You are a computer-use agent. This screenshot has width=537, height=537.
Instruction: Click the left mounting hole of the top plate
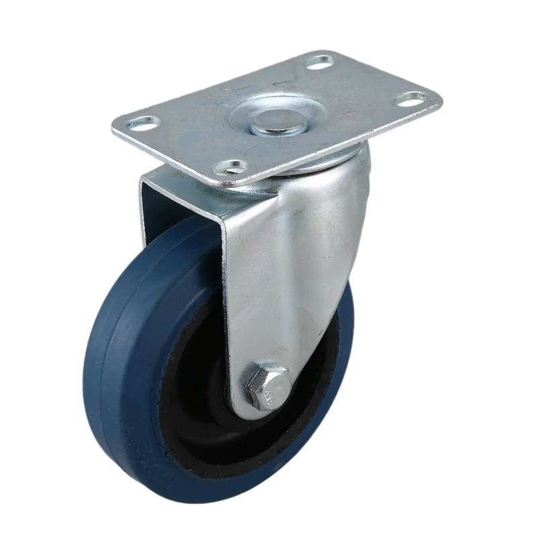[x=143, y=123]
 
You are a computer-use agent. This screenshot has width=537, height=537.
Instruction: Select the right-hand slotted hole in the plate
[x=409, y=99]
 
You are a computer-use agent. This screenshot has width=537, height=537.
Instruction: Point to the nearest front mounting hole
[x=230, y=166]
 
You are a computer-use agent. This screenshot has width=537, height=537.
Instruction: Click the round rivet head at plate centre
[x=275, y=121]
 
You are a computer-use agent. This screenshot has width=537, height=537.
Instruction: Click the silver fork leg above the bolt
[x=275, y=282]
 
